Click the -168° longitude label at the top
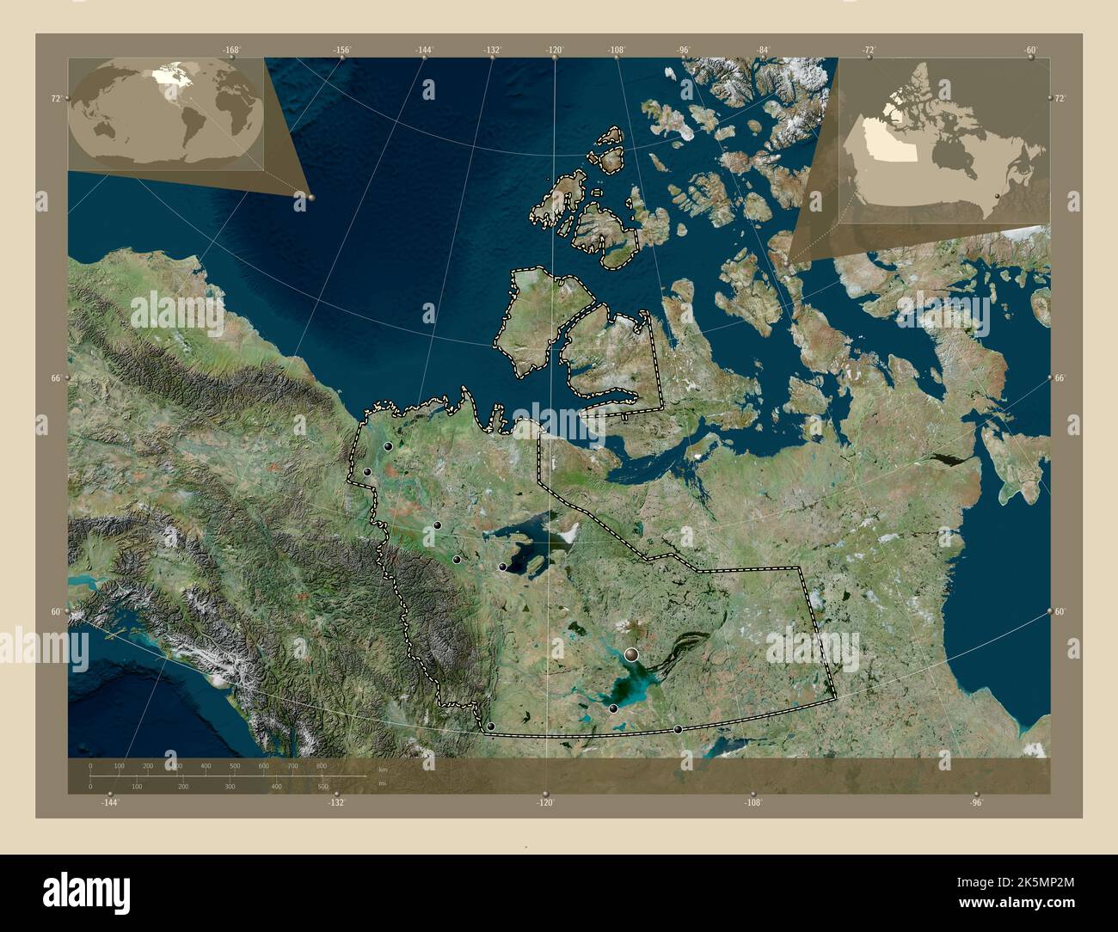pos(230,50)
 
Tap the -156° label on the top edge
pos(342,50)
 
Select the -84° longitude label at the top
pos(763,50)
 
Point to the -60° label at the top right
pos(1030,50)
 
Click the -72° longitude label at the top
pos(869,50)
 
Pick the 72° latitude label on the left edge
pos(55,99)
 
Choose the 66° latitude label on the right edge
pos(1060,378)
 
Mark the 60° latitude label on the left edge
pos(55,611)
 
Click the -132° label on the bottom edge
pos(336,802)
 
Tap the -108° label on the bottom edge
pos(752,802)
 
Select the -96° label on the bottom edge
pos(976,802)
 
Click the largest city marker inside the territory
pos(633,655)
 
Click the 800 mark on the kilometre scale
pos(321,765)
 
